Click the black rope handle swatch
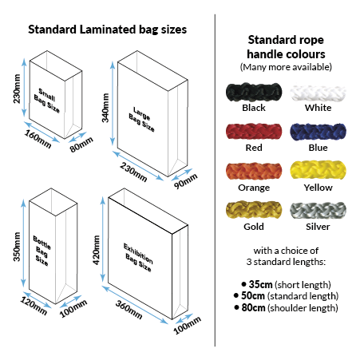[x=254, y=92]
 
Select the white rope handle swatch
[x=318, y=93]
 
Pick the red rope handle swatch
[x=254, y=132]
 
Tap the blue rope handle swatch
[x=318, y=132]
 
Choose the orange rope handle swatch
[x=254, y=171]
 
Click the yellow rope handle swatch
[x=318, y=170]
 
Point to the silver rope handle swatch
[x=318, y=211]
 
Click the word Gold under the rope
[x=254, y=227]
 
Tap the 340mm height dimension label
[x=105, y=108]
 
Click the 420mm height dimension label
[x=96, y=250]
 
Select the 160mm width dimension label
[x=38, y=139]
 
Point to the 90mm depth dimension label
[x=185, y=180]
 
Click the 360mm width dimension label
[x=129, y=310]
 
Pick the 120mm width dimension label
[x=34, y=306]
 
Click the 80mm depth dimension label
[x=81, y=144]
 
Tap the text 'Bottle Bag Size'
[x=42, y=251]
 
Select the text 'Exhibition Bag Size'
[x=138, y=258]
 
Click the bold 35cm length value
[x=260, y=284]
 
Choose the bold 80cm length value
[x=253, y=307]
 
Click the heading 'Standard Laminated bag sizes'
[x=108, y=30]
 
